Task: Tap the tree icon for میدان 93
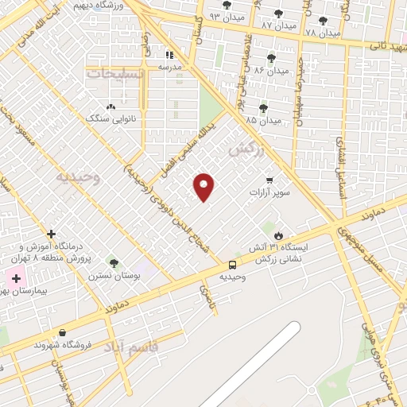pyautogui.click(x=227, y=5)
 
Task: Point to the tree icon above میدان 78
pyautogui.click(x=322, y=21)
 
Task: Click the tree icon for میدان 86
pyautogui.click(x=271, y=58)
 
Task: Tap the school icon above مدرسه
pyautogui.click(x=169, y=55)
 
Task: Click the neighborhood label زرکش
pyautogui.click(x=246, y=148)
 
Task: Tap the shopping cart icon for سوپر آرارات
pyautogui.click(x=270, y=180)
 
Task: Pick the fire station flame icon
pyautogui.click(x=279, y=235)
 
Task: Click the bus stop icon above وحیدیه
pyautogui.click(x=232, y=265)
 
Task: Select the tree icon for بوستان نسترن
pyautogui.click(x=113, y=263)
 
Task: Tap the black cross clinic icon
pyautogui.click(x=52, y=235)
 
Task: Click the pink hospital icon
pyautogui.click(x=14, y=279)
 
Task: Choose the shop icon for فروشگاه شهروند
pyautogui.click(x=62, y=333)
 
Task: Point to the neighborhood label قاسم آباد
pyautogui.click(x=153, y=347)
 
